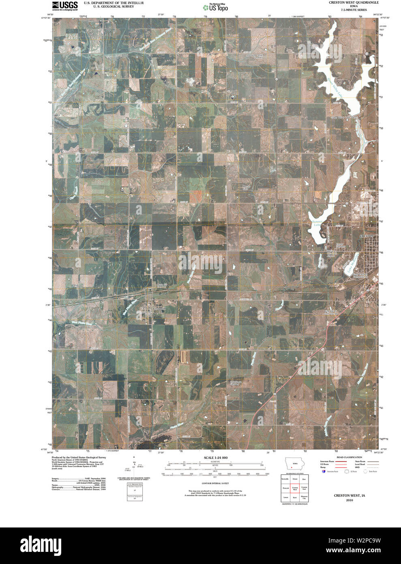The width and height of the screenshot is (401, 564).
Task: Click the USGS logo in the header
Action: click(64, 6)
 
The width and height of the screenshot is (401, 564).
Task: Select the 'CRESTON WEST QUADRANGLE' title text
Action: click(347, 2)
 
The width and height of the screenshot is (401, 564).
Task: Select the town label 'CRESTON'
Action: click(367, 236)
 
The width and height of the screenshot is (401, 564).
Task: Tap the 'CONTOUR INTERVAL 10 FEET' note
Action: click(215, 483)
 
